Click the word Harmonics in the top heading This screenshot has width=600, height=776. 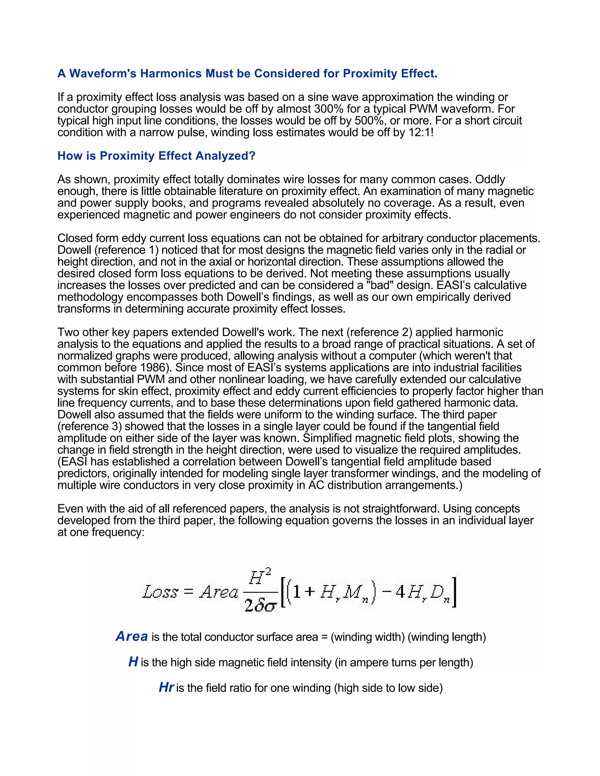tap(171, 74)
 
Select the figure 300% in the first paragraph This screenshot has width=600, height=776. tap(328, 109)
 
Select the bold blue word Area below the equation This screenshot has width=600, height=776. tap(132, 636)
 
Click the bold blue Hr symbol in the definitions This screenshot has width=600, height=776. tap(166, 687)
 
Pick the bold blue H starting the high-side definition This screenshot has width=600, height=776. tap(133, 662)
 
